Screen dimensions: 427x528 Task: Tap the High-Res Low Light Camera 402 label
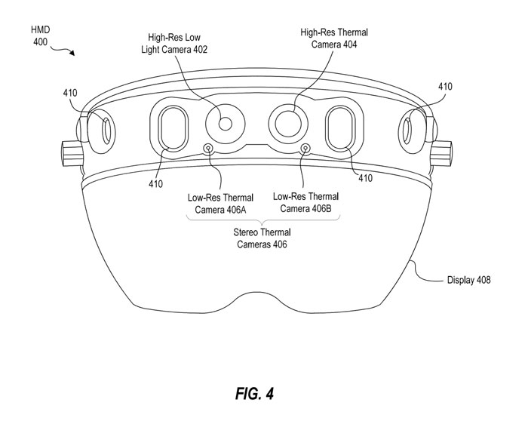[178, 43]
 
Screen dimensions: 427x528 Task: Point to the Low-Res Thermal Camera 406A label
[216, 203]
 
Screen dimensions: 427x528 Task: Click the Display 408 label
[468, 280]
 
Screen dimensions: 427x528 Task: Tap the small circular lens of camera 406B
[305, 147]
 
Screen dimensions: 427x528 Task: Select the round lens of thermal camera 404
[287, 121]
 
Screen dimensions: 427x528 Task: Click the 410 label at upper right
[445, 87]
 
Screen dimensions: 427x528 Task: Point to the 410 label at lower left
[155, 183]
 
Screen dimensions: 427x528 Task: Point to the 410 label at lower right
[365, 178]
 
